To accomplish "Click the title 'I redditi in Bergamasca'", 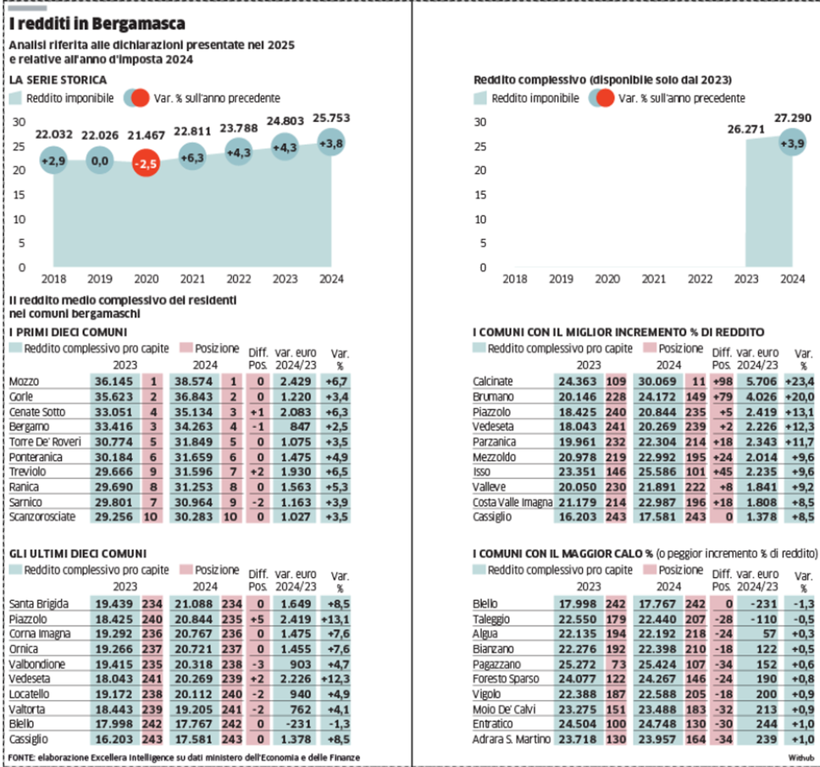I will (x=97, y=25).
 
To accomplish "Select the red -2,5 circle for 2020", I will (x=147, y=165).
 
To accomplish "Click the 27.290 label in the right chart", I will (x=792, y=117).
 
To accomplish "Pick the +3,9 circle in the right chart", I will (x=792, y=144).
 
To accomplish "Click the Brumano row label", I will (x=494, y=396).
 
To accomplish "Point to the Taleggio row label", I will (x=492, y=619).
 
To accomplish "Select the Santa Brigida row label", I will (x=38, y=604).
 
